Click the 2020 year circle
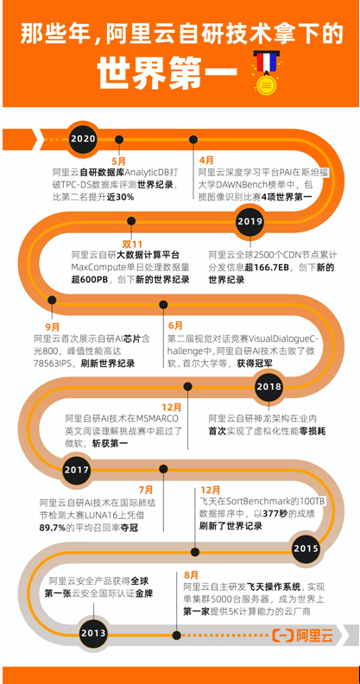[83, 138]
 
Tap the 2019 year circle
[249, 222]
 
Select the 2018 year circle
[268, 387]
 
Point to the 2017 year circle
[77, 470]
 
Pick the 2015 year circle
[306, 548]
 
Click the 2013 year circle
[93, 633]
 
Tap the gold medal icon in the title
[265, 73]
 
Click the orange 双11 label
[131, 244]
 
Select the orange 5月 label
[119, 161]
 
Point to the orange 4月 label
[206, 161]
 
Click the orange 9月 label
[53, 326]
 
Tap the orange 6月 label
[175, 326]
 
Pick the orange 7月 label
[146, 490]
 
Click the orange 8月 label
[191, 574]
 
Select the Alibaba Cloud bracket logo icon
[282, 636]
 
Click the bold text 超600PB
[91, 280]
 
